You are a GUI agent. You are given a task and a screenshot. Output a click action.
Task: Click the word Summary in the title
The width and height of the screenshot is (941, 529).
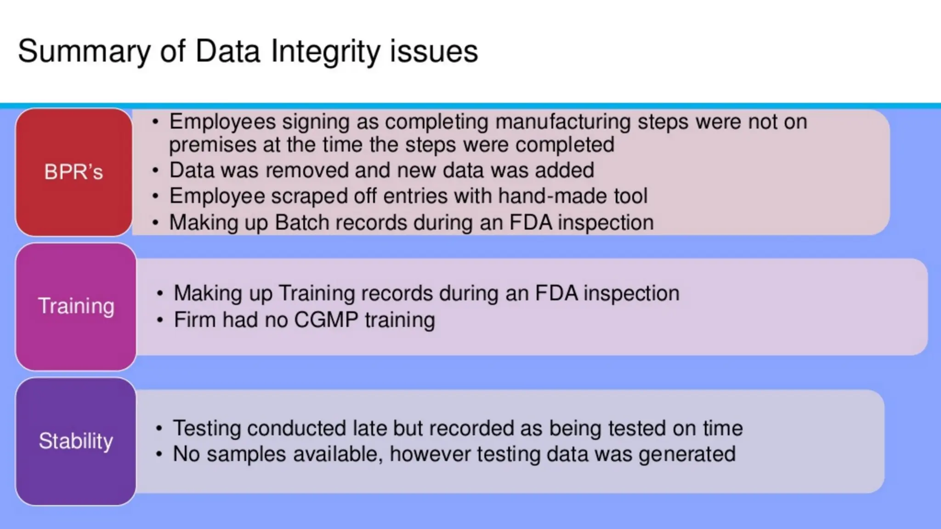coord(84,51)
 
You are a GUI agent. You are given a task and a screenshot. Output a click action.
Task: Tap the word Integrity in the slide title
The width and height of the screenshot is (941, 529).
coord(325,51)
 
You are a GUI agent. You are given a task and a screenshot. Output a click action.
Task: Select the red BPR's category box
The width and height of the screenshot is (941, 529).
coord(74,172)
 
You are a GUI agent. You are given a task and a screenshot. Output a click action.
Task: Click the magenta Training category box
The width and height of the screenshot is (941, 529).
coord(76,306)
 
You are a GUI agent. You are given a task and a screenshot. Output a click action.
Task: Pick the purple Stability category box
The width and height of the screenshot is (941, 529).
coord(76,441)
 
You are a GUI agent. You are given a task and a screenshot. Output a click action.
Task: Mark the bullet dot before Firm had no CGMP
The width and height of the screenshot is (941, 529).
coord(159,320)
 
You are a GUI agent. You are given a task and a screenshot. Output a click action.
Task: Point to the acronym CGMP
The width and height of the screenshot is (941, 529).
coord(326,320)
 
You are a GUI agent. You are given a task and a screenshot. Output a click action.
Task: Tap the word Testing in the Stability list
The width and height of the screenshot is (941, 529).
coord(206,429)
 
